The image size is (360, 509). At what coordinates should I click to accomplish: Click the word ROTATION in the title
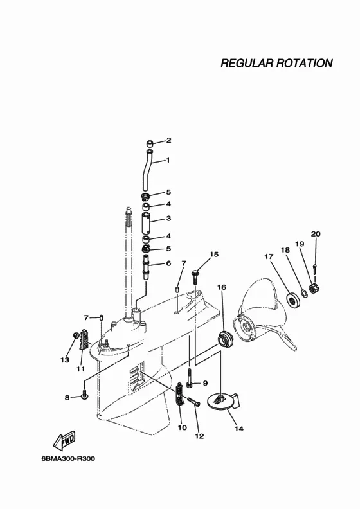coord(305,63)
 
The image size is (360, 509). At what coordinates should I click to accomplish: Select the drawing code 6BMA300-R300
coord(68,459)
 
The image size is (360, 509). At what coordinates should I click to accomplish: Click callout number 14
coord(239,429)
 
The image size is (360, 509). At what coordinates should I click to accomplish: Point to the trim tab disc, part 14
coord(223,402)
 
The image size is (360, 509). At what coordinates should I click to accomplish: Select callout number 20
coord(316,234)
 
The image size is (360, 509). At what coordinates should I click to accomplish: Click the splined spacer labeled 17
coord(293,299)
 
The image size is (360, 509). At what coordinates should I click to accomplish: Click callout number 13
coord(65,360)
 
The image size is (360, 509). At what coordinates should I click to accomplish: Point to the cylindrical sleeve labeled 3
coord(147,222)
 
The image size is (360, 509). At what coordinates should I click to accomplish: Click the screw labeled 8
coord(84,396)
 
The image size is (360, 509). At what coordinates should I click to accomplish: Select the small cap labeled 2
coord(149,143)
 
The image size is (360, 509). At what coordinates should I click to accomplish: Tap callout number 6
coord(168,263)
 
